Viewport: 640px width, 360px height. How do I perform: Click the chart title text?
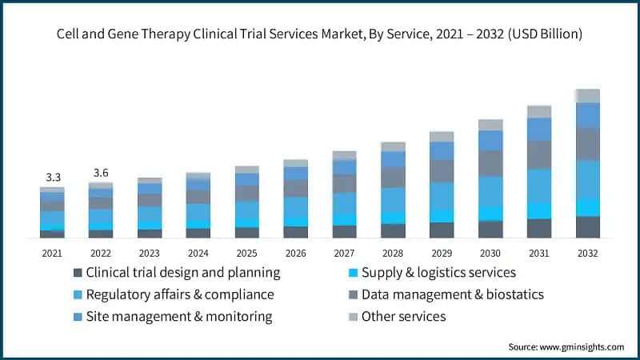click(x=320, y=34)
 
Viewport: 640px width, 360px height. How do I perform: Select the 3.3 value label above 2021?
click(x=52, y=176)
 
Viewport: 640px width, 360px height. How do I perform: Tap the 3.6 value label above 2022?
click(x=101, y=172)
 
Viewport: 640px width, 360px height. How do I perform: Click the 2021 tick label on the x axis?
click(x=52, y=253)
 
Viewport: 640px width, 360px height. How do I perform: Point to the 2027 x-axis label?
click(x=344, y=253)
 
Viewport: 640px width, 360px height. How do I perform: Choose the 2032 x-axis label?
click(x=588, y=253)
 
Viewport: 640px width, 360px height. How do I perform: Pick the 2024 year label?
click(x=198, y=253)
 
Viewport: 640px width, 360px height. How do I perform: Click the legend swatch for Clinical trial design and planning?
click(x=77, y=273)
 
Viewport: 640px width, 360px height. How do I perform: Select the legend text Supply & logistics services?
click(x=438, y=273)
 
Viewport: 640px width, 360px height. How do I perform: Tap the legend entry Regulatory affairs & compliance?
click(x=180, y=294)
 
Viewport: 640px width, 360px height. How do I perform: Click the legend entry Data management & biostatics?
click(x=452, y=294)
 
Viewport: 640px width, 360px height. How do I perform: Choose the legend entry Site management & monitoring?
click(x=179, y=316)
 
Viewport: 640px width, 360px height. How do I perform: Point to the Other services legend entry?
click(x=403, y=316)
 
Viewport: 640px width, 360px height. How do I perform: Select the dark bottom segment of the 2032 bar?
click(x=588, y=227)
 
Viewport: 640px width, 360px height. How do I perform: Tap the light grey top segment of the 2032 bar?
click(x=588, y=96)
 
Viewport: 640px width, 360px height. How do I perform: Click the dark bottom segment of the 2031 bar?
click(x=539, y=228)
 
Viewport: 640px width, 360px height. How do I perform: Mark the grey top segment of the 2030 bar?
click(x=490, y=125)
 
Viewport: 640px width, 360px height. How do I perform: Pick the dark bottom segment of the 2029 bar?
click(x=442, y=230)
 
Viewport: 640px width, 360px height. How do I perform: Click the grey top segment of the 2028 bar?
click(x=393, y=146)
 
